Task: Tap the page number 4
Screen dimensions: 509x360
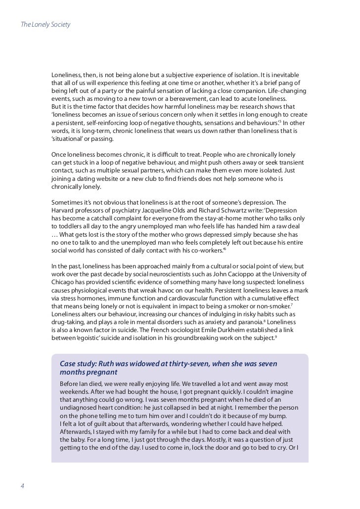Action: [x=22, y=485]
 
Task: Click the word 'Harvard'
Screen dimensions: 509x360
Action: [x=64, y=210]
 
